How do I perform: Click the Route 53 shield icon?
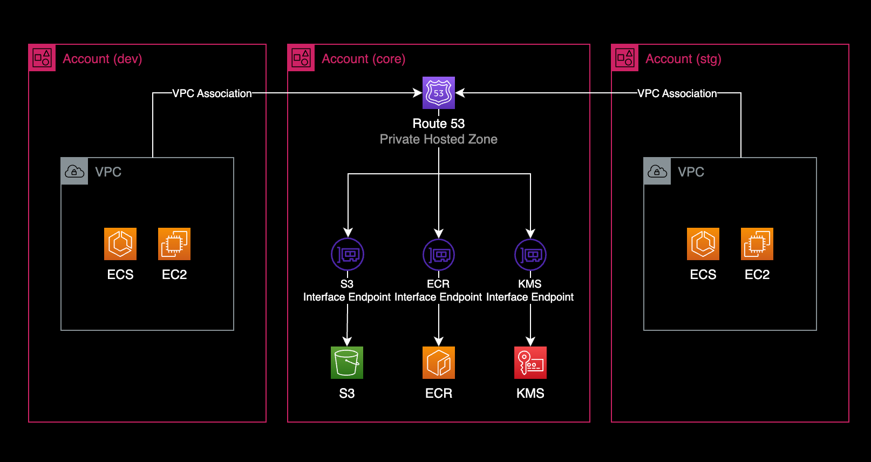[439, 93]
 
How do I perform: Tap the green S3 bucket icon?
[347, 363]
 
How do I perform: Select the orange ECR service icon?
[439, 363]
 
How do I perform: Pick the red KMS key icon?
[530, 363]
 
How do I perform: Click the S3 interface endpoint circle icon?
[348, 254]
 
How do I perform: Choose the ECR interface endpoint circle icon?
[439, 254]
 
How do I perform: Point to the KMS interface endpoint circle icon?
[530, 254]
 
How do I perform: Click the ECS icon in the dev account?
[120, 244]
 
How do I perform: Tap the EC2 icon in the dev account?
[174, 244]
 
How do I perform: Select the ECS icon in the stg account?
[703, 244]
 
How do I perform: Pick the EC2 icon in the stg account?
[757, 244]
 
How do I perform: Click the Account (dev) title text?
[103, 59]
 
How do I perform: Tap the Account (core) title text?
[364, 59]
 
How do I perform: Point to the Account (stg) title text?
[683, 59]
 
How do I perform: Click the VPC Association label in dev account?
[212, 93]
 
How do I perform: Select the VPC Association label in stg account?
[677, 93]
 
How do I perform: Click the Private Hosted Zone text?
[439, 139]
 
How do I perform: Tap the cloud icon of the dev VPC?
[74, 172]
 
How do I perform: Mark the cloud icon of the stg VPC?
[657, 172]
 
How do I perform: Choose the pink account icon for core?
[301, 58]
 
